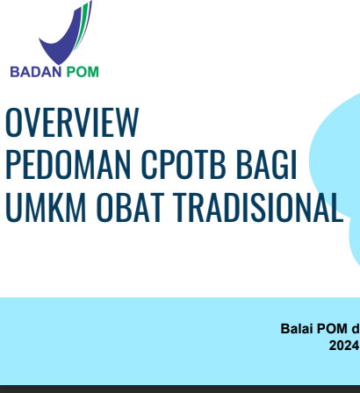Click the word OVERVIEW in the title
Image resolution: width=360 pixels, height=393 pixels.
(72, 122)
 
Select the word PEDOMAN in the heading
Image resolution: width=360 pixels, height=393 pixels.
(68, 164)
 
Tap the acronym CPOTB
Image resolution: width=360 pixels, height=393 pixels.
(184, 164)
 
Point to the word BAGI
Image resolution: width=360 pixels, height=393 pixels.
(266, 164)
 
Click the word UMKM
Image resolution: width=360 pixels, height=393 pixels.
(46, 207)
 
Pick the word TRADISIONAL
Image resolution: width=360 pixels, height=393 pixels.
(258, 207)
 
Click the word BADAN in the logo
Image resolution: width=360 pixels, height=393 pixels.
(36, 72)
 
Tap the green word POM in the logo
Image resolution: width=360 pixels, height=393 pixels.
(83, 72)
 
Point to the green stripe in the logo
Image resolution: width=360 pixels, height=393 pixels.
(82, 25)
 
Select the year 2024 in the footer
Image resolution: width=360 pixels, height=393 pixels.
(344, 346)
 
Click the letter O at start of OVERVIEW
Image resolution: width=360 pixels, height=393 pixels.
(13, 122)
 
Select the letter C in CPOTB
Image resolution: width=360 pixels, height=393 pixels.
(148, 164)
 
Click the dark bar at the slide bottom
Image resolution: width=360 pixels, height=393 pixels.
(180, 389)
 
